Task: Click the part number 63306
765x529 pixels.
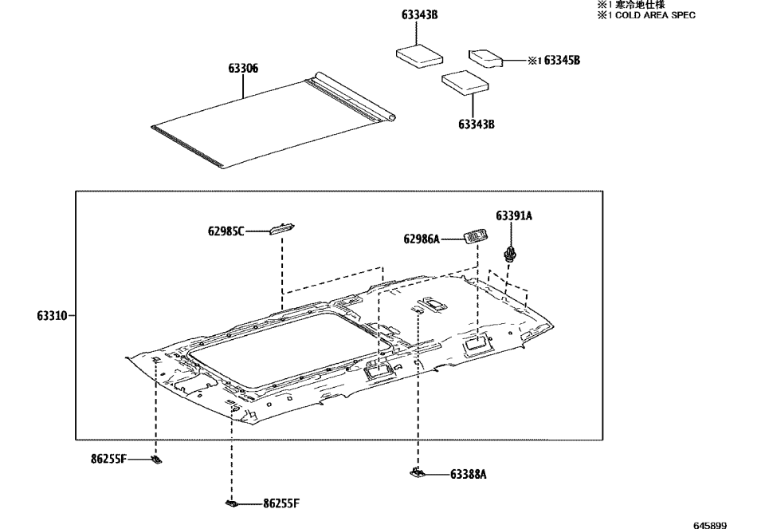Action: pyautogui.click(x=243, y=69)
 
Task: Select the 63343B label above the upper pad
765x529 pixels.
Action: pyautogui.click(x=420, y=14)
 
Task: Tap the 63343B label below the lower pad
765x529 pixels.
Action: pyautogui.click(x=477, y=124)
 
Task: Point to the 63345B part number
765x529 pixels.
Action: pyautogui.click(x=562, y=60)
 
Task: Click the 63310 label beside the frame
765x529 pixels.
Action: pyautogui.click(x=52, y=315)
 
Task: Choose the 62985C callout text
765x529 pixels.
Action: pyautogui.click(x=226, y=231)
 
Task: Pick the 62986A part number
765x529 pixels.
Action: pyautogui.click(x=422, y=239)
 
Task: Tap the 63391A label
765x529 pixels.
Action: pyautogui.click(x=514, y=215)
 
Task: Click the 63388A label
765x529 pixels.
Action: pyautogui.click(x=469, y=474)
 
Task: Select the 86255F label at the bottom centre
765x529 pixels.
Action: pyautogui.click(x=281, y=503)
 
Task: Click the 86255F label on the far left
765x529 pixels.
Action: pyautogui.click(x=108, y=459)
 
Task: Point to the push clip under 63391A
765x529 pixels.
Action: pyautogui.click(x=510, y=255)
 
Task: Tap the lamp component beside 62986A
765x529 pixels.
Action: pyautogui.click(x=475, y=236)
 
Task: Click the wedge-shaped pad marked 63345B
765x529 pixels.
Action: pyautogui.click(x=486, y=57)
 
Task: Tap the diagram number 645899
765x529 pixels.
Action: pyautogui.click(x=710, y=525)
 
